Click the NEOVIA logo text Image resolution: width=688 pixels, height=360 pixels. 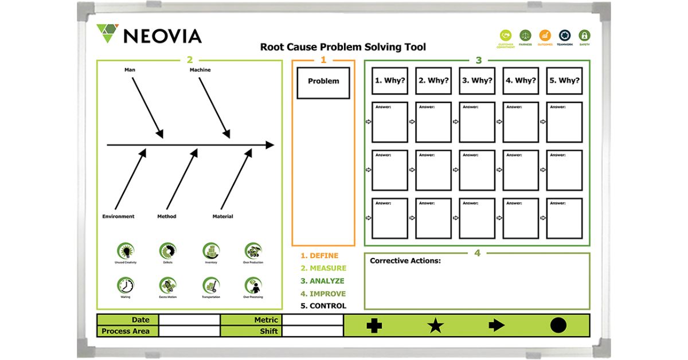tap(162, 36)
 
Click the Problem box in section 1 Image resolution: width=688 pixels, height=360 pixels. tap(323, 81)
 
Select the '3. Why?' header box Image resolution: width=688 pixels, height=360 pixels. tap(477, 81)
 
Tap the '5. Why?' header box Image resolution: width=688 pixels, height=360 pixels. tap(565, 81)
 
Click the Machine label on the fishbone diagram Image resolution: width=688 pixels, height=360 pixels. tap(200, 70)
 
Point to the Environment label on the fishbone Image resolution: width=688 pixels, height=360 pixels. tap(118, 217)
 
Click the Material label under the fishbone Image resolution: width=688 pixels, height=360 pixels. tap(222, 217)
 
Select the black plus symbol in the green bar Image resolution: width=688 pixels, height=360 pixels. tap(374, 326)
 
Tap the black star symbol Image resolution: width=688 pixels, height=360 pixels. tap(436, 326)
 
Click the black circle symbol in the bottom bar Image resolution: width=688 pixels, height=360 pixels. tap(558, 326)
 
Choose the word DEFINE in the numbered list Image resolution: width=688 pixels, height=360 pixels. tap(324, 256)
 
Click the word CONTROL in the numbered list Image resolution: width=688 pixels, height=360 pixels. tap(327, 306)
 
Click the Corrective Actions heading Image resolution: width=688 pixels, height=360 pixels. tap(405, 261)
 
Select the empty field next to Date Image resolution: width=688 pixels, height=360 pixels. tap(189, 320)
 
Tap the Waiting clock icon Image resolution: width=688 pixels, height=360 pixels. tap(126, 285)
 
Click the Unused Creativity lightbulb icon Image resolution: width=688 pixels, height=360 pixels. tap(126, 251)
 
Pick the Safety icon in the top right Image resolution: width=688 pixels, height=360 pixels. tap(584, 36)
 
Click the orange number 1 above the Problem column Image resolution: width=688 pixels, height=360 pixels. tap(323, 60)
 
